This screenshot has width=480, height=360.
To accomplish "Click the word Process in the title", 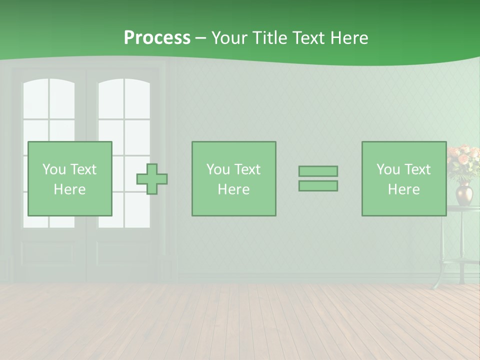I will pyautogui.click(x=157, y=38).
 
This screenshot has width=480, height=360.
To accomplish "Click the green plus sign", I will pyautogui.click(x=152, y=179).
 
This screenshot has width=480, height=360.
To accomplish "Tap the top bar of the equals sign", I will pyautogui.click(x=318, y=171).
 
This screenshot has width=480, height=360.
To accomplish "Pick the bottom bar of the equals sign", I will pyautogui.click(x=318, y=186).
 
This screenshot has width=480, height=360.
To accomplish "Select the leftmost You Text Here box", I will pyautogui.click(x=70, y=179).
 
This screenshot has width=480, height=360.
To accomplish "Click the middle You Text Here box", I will pyautogui.click(x=233, y=179).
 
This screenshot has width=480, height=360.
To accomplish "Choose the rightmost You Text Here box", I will pyautogui.click(x=404, y=179).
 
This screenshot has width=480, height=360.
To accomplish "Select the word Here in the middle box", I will pyautogui.click(x=233, y=189).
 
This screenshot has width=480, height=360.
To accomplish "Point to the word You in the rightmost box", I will pyautogui.click(x=388, y=169).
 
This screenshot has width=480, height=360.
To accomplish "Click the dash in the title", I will pyautogui.click(x=201, y=38).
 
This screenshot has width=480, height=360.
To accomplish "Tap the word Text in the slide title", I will pyautogui.click(x=306, y=38).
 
